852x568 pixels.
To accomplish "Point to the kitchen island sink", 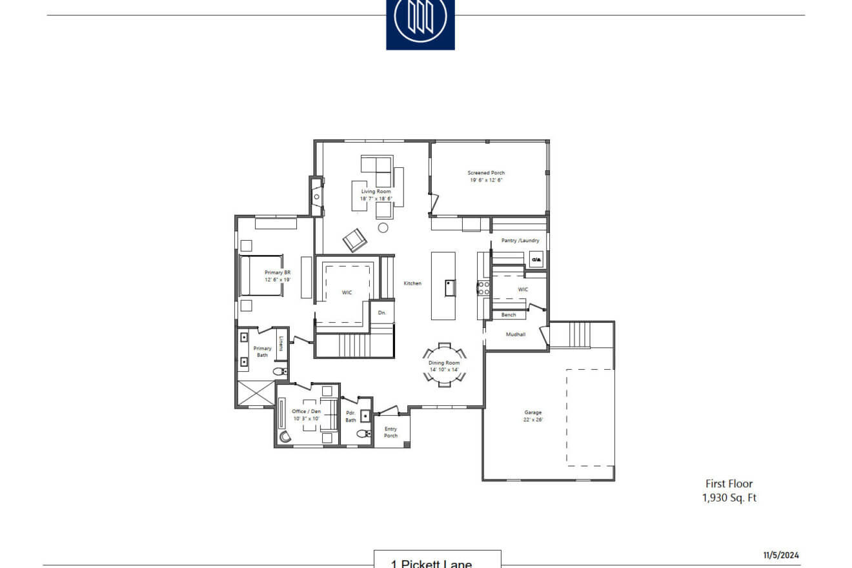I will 450,287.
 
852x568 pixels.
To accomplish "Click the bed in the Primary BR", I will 261,276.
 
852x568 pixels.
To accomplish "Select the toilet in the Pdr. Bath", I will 363,434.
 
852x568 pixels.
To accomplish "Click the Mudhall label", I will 515,334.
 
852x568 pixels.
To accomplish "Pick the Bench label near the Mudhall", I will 509,315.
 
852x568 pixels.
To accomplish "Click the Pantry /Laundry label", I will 520,241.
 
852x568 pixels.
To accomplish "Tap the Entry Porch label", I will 391,432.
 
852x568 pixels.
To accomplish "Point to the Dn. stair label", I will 381,313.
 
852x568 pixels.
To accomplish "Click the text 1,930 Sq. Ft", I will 729,498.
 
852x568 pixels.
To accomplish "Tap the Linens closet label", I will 281,343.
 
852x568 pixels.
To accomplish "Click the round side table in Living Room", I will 383,227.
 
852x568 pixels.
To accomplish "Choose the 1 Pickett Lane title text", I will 431,563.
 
